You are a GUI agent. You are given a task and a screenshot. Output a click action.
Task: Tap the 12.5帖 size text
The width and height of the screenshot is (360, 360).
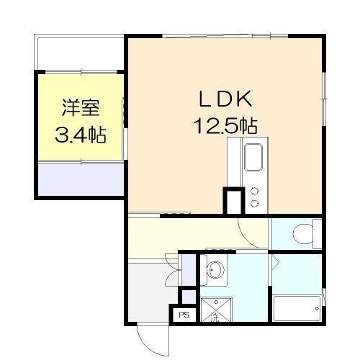[224, 127]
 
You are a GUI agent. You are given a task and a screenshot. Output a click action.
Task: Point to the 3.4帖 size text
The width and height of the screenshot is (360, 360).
[80, 135]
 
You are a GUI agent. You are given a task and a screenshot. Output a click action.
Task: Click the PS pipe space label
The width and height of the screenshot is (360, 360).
[183, 315]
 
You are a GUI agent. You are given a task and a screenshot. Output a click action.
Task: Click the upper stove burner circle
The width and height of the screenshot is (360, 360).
[253, 192]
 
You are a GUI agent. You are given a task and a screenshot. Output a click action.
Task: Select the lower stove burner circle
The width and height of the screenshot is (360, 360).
[253, 204]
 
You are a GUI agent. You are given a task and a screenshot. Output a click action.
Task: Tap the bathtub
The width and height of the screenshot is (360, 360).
[297, 309]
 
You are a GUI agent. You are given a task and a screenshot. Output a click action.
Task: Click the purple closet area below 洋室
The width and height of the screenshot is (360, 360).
[79, 180]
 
